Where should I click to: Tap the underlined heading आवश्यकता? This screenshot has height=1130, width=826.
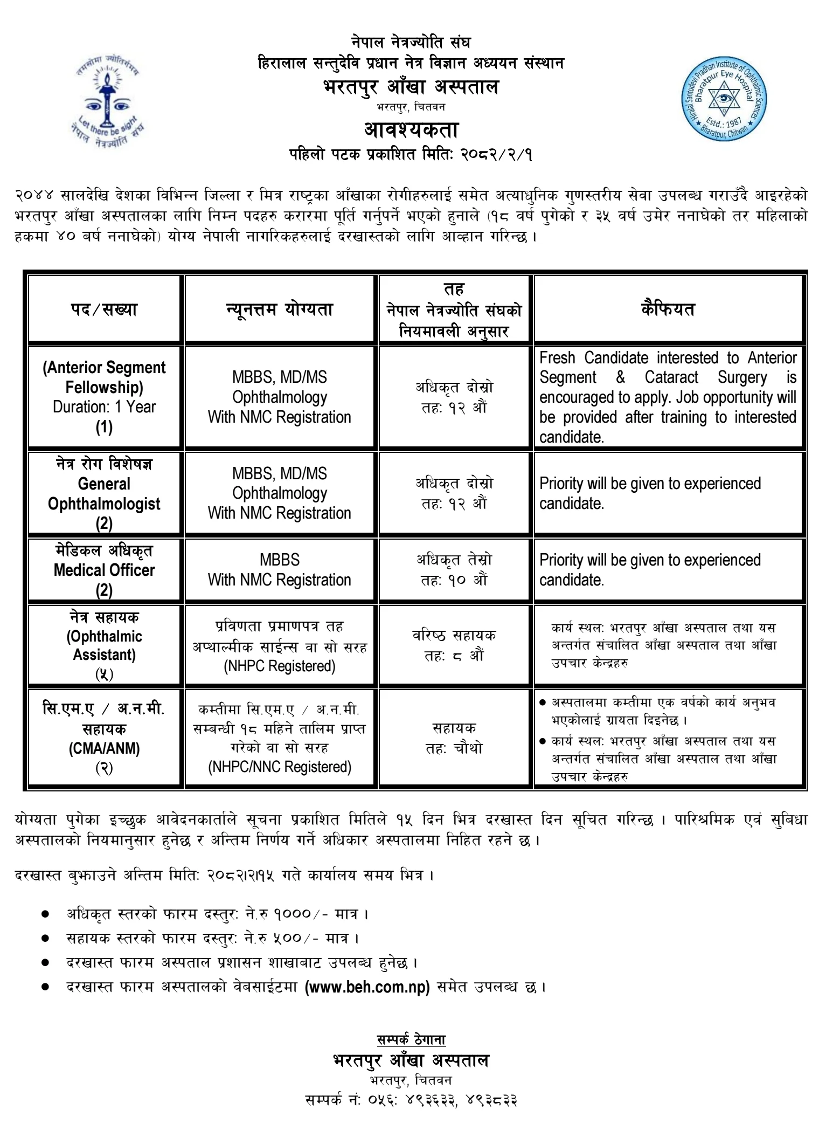click(411, 130)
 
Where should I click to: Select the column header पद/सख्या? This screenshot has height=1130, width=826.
click(104, 309)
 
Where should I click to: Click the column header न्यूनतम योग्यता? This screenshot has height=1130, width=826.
click(280, 309)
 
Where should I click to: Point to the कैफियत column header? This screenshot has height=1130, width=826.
click(668, 309)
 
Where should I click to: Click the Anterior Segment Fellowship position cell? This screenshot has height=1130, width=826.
click(104, 397)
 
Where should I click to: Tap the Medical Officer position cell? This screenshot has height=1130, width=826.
click(104, 570)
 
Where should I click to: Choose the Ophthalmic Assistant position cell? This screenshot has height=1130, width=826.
click(104, 645)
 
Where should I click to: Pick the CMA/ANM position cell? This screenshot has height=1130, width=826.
click(104, 738)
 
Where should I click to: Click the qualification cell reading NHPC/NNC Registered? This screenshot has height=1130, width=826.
click(280, 767)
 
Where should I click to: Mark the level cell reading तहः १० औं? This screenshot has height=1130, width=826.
click(454, 580)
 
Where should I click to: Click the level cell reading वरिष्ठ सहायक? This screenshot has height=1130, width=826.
click(454, 635)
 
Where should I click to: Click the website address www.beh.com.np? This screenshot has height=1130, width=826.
click(367, 987)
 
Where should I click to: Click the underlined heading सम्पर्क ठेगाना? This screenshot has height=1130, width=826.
click(411, 1039)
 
